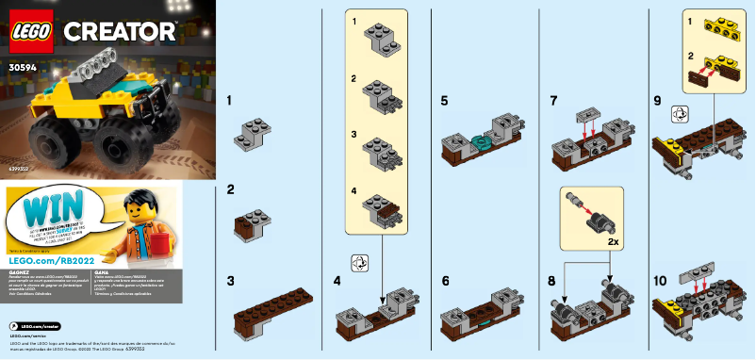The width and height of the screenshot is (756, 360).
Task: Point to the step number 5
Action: [444, 99]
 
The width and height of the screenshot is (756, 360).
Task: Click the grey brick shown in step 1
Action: [255, 134]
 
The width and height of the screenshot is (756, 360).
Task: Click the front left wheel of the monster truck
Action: [57, 144]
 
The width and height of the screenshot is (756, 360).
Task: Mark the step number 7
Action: [553, 99]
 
